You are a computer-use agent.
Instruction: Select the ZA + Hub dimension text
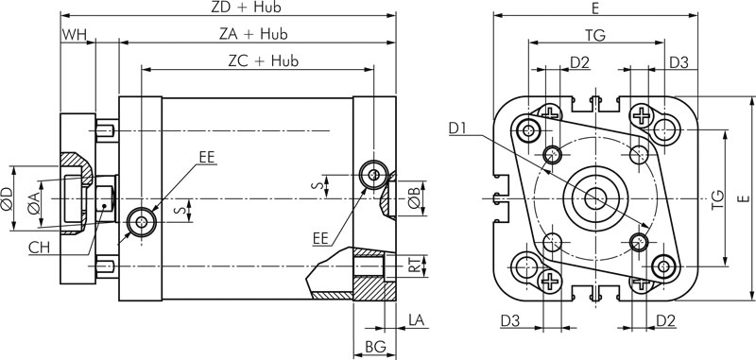253,34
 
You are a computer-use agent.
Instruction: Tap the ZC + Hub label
264,60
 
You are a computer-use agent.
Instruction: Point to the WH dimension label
75,35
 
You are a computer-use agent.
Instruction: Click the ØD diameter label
7,198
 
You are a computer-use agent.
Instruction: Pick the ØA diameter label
33,202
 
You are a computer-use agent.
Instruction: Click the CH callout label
40,248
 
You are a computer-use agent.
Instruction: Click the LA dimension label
418,320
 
